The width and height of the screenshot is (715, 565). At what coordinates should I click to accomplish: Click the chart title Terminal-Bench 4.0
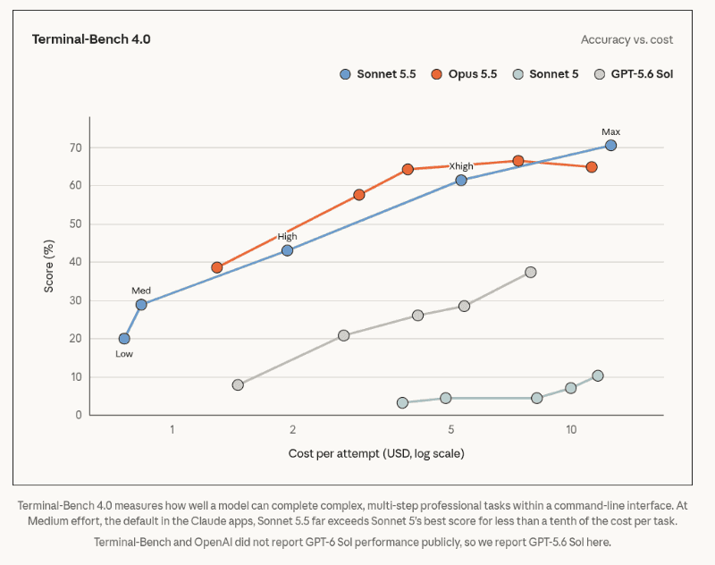(91, 39)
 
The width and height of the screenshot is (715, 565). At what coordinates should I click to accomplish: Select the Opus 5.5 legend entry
(464, 74)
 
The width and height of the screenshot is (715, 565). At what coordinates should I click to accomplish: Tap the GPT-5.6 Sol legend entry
(634, 74)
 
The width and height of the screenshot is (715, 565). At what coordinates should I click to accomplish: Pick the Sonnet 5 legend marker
(518, 74)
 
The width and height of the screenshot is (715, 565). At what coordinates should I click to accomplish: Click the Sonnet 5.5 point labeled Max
(610, 146)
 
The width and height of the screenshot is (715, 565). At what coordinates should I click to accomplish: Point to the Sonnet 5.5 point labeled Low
(124, 338)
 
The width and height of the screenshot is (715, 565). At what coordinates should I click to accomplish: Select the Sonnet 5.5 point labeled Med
(141, 305)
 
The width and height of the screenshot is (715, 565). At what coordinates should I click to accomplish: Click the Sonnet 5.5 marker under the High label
(287, 250)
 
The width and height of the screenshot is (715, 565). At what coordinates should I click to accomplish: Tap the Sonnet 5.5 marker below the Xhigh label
(461, 180)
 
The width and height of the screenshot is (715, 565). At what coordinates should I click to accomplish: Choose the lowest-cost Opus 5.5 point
(217, 267)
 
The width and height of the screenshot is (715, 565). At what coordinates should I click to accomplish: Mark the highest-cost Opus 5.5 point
(592, 167)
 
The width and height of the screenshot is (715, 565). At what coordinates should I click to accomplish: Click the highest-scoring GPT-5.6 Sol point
(530, 273)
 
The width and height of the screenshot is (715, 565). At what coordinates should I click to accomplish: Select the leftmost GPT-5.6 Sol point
(238, 385)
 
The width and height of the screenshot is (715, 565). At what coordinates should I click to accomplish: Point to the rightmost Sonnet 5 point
(598, 375)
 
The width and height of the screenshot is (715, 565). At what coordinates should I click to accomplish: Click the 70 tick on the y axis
(76, 148)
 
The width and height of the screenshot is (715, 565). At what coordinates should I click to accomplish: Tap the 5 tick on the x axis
(451, 430)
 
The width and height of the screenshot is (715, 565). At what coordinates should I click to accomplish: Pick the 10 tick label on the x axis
(571, 430)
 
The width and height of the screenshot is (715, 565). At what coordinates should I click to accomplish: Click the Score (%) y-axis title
(49, 266)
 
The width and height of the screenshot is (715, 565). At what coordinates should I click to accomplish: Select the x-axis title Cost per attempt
(376, 453)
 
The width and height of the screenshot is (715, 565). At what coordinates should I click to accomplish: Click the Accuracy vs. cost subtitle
(627, 39)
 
